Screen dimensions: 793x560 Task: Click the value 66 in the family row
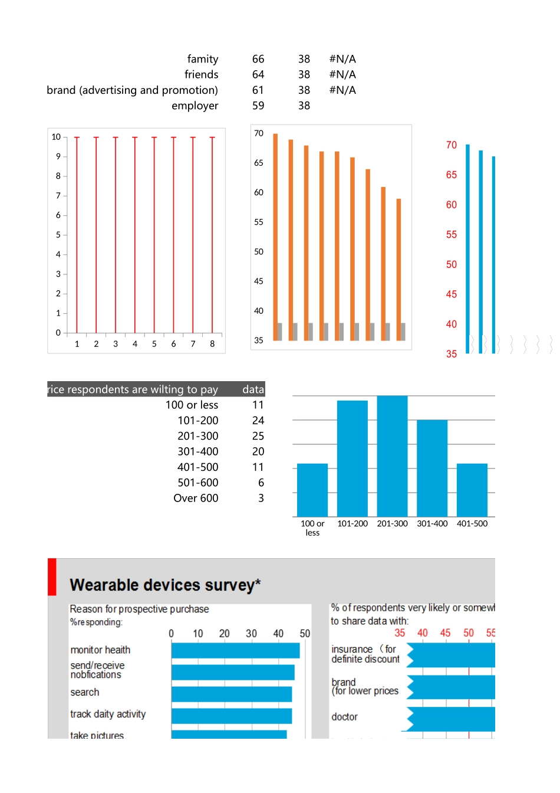pyautogui.click(x=258, y=59)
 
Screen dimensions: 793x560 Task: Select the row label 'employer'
pyautogui.click(x=195, y=106)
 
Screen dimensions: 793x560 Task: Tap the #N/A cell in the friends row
pyautogui.click(x=342, y=74)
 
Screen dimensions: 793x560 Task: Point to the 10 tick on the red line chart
pyautogui.click(x=56, y=137)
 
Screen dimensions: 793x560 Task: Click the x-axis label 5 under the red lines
pyautogui.click(x=154, y=344)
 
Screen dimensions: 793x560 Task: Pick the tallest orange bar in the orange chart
pyautogui.click(x=275, y=236)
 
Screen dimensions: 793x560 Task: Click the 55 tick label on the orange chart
pyautogui.click(x=259, y=222)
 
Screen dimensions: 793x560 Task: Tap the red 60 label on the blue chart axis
pyautogui.click(x=452, y=205)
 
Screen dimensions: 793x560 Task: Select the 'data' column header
pyautogui.click(x=253, y=389)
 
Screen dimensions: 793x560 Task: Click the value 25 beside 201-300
pyautogui.click(x=258, y=436)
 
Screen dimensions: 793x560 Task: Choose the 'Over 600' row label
pyautogui.click(x=196, y=498)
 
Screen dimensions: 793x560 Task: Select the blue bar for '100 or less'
pyautogui.click(x=312, y=490)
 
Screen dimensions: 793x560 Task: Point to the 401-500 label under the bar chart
pyautogui.click(x=472, y=523)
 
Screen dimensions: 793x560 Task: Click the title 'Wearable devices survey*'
pyautogui.click(x=165, y=585)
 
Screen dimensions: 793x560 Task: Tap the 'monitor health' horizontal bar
pyautogui.click(x=235, y=650)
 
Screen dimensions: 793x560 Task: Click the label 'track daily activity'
pyautogui.click(x=108, y=714)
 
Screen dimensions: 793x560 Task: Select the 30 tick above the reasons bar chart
pyautogui.click(x=251, y=634)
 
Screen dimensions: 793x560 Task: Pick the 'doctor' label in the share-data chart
pyautogui.click(x=344, y=717)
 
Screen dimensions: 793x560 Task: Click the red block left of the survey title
pyautogui.click(x=52, y=576)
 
